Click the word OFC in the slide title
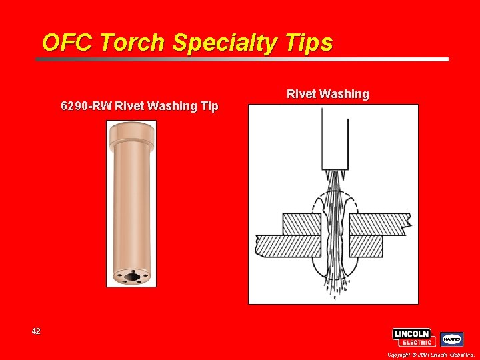pos(65,43)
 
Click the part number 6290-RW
pos(86,106)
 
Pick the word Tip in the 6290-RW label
pos(207,106)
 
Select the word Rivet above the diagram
pos(301,94)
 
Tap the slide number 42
pos(36,331)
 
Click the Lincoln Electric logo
pos(413,337)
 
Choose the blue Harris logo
pos(452,339)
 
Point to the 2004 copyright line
pos(430,355)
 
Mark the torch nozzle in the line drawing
pos(335,140)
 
